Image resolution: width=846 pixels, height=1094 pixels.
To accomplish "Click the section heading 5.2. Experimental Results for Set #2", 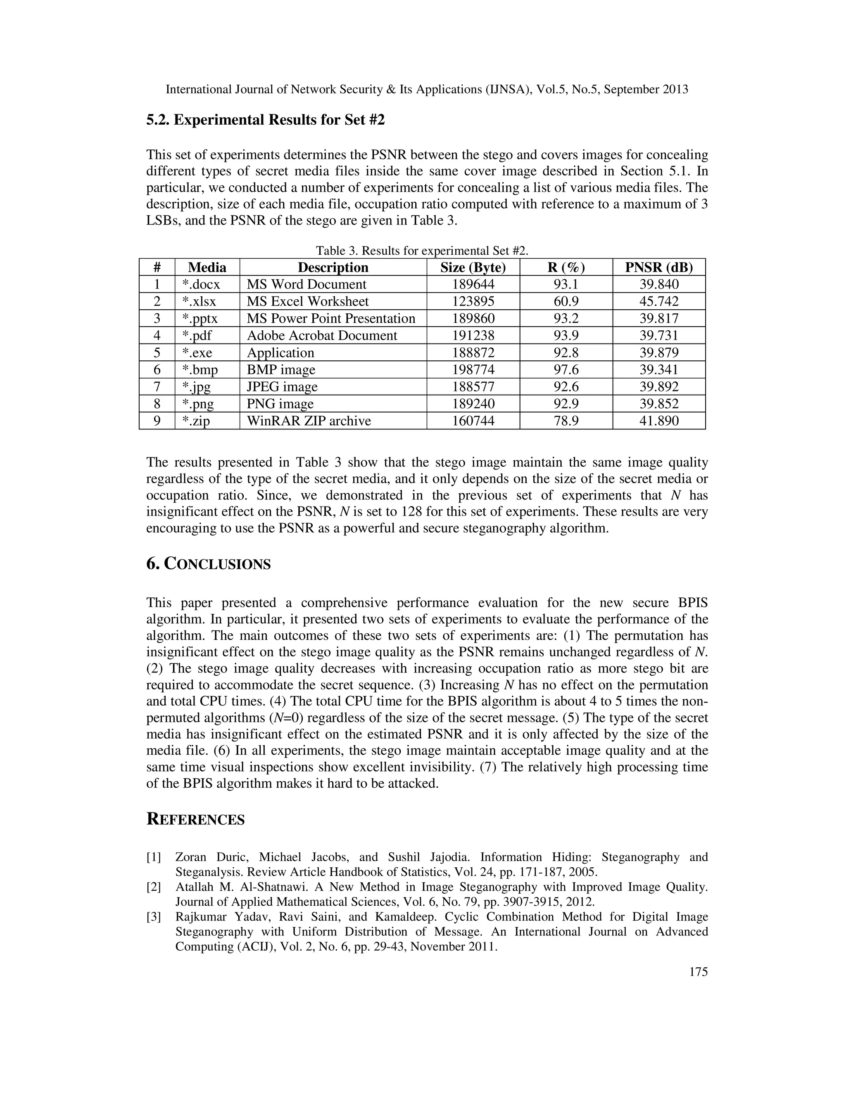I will click(x=265, y=120).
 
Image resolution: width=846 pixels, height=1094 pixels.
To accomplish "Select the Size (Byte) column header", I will click(x=473, y=268).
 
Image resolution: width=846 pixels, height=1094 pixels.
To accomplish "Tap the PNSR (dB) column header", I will click(x=658, y=268).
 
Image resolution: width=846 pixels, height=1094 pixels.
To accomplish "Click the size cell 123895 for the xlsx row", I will click(x=473, y=301).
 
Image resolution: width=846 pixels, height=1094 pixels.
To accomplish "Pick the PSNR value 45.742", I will click(x=658, y=301).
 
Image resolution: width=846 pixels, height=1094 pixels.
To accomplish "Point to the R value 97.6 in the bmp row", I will click(x=566, y=369).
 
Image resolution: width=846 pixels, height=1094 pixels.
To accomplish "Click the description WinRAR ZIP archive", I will click(x=309, y=421).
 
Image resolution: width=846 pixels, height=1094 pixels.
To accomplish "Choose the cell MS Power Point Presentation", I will click(x=331, y=319).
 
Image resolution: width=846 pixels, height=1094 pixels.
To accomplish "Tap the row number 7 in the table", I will click(x=157, y=387).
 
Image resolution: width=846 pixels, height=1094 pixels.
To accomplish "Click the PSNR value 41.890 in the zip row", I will click(x=658, y=421).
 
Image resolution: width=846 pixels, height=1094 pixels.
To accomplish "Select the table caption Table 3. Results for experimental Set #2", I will click(x=422, y=251).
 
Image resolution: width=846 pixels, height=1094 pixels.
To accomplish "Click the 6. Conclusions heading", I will click(x=208, y=564).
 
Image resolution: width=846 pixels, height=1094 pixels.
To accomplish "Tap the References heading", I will click(x=195, y=819).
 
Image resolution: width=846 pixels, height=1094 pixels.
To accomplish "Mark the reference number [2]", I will click(x=153, y=887).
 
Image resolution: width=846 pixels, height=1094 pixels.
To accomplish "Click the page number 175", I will click(x=698, y=972).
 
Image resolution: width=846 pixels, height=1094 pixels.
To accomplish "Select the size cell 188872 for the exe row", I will click(x=473, y=353).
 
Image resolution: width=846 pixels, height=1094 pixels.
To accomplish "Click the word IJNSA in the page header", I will click(x=512, y=90).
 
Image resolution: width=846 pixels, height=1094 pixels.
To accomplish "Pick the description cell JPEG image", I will click(x=282, y=387).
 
